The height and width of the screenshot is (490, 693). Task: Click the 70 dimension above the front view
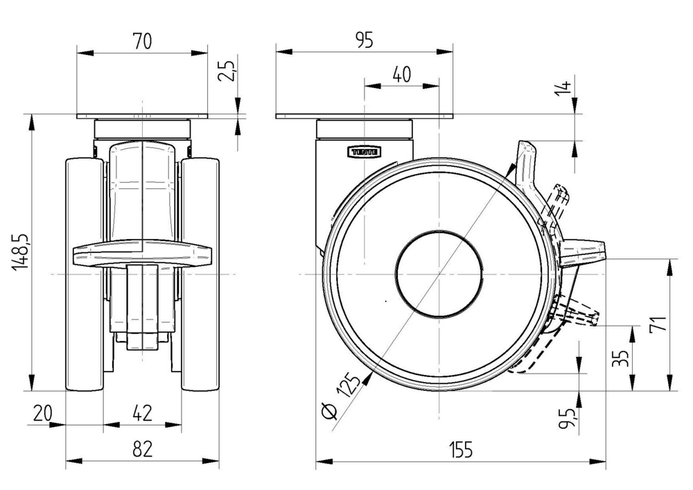pos(142,41)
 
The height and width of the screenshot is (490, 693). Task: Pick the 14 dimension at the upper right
pos(565,87)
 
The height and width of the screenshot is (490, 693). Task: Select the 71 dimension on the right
pos(660,324)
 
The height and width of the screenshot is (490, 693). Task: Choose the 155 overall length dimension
pos(459,450)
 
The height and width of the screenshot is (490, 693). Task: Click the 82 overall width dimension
pos(142,450)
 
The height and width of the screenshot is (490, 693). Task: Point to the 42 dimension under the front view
pos(142,414)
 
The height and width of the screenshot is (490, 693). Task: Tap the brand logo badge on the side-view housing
pos(363,150)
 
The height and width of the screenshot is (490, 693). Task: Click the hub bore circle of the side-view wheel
pos(439,275)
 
